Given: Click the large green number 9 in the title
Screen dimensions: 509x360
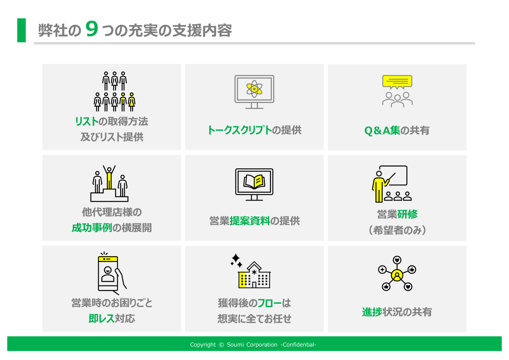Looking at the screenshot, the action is [92, 29].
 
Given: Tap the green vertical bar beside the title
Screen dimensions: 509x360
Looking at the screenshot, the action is [21, 30].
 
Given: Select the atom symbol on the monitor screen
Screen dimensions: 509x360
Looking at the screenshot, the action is [254, 89].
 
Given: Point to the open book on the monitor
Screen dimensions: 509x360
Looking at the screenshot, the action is [254, 181].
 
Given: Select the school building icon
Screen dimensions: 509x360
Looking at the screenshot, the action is [254, 275].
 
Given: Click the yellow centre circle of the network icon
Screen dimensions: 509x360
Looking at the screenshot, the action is [397, 275].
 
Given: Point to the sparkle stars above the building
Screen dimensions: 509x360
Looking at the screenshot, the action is [236, 261].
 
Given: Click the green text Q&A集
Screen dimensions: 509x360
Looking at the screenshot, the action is [382, 131].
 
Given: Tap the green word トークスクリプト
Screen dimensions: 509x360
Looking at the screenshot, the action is [240, 130].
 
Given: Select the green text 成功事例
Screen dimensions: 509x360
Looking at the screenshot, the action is [92, 228].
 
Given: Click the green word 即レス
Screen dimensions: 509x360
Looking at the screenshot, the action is [102, 318].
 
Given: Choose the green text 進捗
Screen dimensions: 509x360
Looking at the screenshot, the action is [372, 312].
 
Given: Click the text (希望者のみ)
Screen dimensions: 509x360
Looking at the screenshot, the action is [397, 230].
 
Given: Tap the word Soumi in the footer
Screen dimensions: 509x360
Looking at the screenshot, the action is [235, 344].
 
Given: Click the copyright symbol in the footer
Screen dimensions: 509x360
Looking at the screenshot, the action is [221, 345].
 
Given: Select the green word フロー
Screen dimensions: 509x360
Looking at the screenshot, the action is [270, 303].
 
